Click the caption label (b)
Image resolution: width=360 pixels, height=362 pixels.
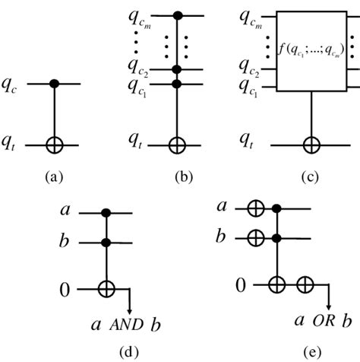pyautogui.click(x=182, y=176)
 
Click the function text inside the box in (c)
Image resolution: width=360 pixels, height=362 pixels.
pyautogui.click(x=309, y=52)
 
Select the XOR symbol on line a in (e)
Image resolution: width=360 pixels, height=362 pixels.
pyautogui.click(x=255, y=207)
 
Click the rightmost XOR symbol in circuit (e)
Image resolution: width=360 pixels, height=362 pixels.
pyautogui.click(x=306, y=285)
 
